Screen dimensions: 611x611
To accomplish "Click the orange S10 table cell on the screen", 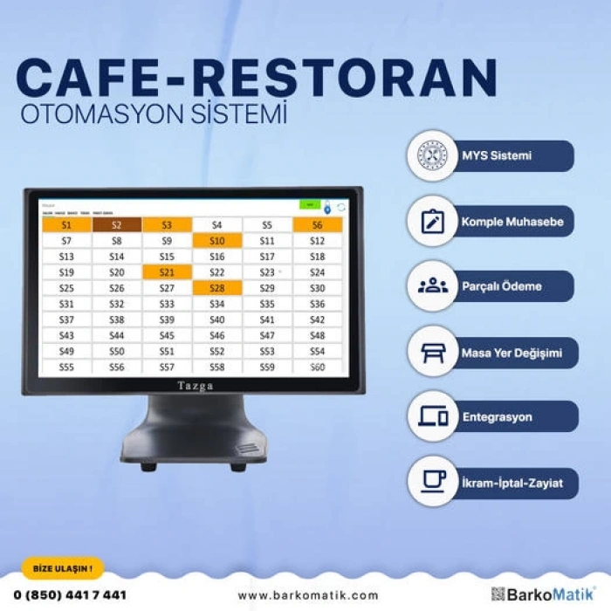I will [217, 241].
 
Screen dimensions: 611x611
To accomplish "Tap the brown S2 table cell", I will [117, 225].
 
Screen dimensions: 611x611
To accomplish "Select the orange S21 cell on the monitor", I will [167, 272].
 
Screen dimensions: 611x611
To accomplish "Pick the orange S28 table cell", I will [217, 288].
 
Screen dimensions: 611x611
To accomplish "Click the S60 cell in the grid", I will [318, 367].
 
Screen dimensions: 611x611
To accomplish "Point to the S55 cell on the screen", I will [66, 367].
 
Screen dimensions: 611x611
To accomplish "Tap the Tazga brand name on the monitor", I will [195, 386].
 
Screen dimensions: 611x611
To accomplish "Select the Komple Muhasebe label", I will [511, 222].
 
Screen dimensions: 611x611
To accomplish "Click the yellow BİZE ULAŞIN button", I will [62, 568].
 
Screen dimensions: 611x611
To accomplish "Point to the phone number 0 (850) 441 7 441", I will [71, 595].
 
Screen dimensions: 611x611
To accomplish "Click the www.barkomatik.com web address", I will [308, 595].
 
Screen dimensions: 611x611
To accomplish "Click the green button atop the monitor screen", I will [310, 205].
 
